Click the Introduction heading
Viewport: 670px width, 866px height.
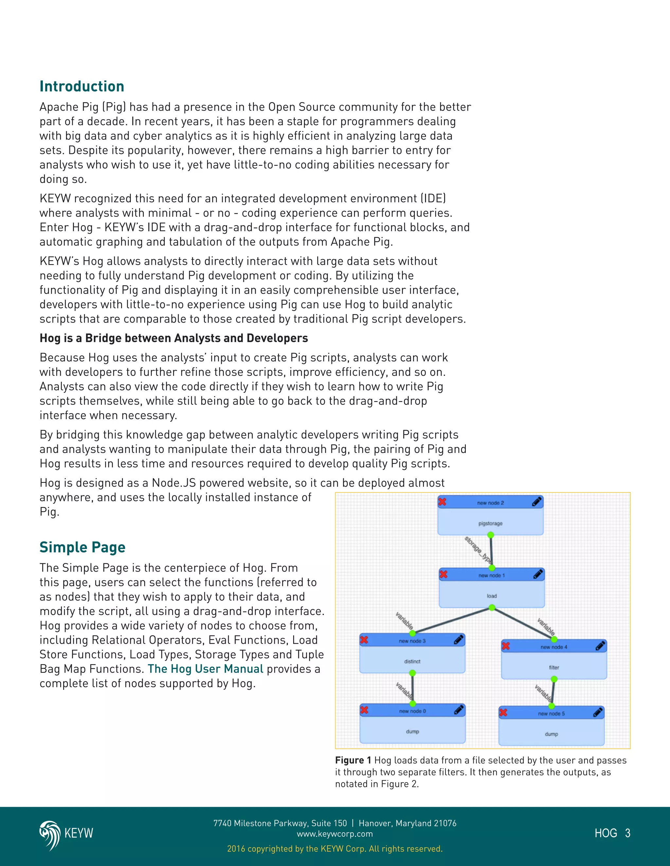pos(82,87)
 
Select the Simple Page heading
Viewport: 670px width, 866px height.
pos(82,547)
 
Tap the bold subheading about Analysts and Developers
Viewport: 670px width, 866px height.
pos(174,338)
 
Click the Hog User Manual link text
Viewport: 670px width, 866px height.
pos(205,669)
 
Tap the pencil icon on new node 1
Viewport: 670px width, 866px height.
pos(538,574)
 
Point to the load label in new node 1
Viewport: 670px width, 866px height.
pos(492,596)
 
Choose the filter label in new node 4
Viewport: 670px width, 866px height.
pos(554,668)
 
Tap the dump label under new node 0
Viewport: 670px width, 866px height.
pos(413,732)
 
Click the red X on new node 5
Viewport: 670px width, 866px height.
pos(503,712)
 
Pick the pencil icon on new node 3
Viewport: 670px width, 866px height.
pos(459,640)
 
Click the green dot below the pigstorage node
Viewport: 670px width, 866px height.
pos(491,535)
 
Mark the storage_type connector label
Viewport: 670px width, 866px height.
pos(478,550)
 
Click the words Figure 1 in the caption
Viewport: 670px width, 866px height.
pos(353,760)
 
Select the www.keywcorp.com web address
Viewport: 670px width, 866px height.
pos(335,834)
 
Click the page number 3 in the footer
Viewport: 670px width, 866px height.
pos(627,833)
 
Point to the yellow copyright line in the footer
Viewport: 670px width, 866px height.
pos(335,849)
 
